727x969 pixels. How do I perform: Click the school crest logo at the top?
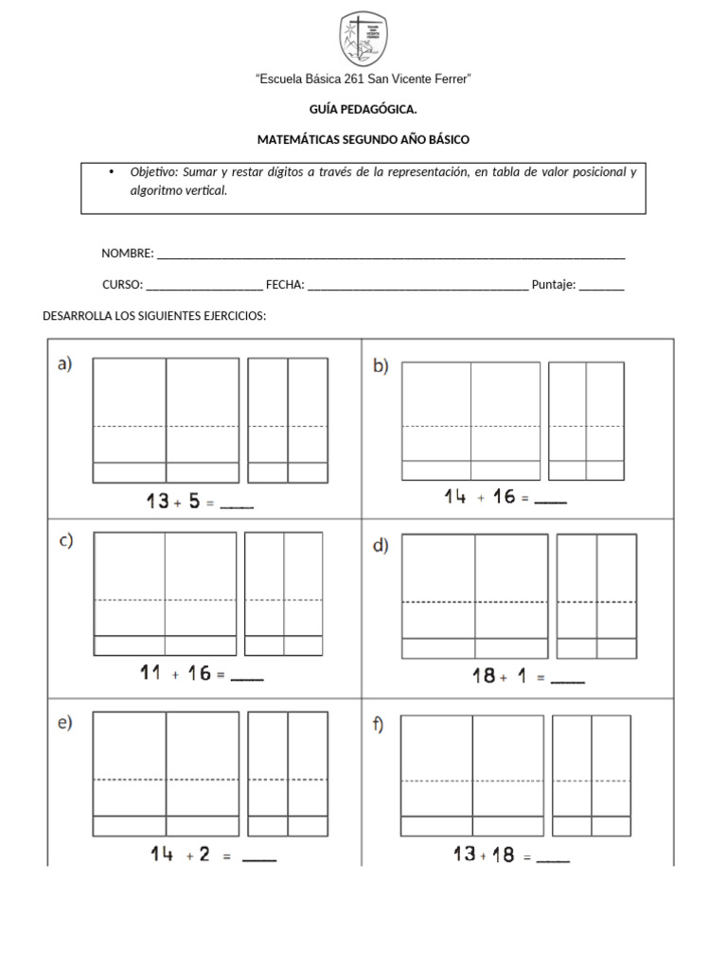click(x=363, y=40)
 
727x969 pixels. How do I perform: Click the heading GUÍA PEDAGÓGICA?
click(x=363, y=110)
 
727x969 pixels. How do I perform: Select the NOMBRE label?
click(x=127, y=254)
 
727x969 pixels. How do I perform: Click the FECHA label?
click(x=285, y=285)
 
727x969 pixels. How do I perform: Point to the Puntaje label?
click(x=554, y=285)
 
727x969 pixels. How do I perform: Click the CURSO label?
click(x=122, y=285)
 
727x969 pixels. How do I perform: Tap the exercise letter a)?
click(x=65, y=364)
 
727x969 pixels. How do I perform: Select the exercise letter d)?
click(x=381, y=546)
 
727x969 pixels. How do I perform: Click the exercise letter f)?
click(x=379, y=727)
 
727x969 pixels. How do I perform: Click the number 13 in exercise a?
click(x=157, y=502)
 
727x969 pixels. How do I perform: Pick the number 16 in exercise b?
click(x=505, y=497)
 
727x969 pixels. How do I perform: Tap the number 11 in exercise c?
click(x=151, y=674)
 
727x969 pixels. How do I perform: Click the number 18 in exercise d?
click(x=484, y=676)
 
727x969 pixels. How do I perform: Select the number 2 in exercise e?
click(x=204, y=854)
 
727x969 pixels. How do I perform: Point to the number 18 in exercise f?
click(x=503, y=855)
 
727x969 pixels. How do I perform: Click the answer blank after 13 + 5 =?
click(x=237, y=505)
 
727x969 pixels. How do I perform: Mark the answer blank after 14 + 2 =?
click(x=259, y=858)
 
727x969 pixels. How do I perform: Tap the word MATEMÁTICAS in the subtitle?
click(x=296, y=140)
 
